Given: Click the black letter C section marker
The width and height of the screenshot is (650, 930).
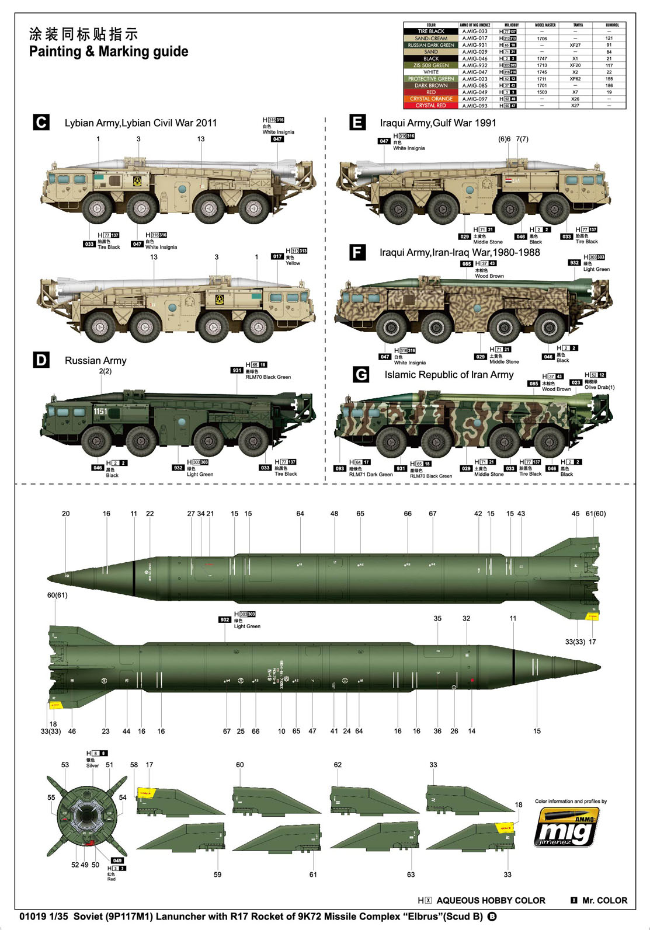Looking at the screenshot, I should coord(41,123).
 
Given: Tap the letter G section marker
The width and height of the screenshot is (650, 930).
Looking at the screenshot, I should coord(361,374).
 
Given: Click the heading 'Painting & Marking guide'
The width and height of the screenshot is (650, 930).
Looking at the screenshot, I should coord(109,52).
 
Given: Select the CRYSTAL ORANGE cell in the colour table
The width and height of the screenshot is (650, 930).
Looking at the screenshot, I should coord(431,99).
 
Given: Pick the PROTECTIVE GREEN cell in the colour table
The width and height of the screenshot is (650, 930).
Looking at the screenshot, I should coord(431,79).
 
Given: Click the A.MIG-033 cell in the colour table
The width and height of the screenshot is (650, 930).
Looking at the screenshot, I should coord(474,32).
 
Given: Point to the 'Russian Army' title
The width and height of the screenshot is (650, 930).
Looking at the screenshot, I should coord(95,361).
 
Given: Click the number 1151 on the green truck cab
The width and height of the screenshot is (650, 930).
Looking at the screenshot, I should coord(100,412).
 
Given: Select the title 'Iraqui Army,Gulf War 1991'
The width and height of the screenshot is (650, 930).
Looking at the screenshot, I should coord(438,123).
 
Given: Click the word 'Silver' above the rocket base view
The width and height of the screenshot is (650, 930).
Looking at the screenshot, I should coord(93,765).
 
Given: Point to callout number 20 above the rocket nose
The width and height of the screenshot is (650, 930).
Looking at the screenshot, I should coord(65,514).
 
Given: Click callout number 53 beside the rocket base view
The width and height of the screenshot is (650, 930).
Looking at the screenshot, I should coord(65,765).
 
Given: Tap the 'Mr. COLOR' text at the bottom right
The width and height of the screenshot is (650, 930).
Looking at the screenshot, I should coord(604,900).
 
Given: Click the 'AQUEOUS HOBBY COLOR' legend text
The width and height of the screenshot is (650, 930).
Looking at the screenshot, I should coord(491,900).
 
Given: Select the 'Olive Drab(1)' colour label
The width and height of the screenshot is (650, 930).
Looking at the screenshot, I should coord(599,387).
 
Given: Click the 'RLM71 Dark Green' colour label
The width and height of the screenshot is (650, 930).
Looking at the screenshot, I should coord(371,475).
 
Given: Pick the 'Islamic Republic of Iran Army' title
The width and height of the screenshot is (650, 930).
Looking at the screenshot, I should coord(449,375).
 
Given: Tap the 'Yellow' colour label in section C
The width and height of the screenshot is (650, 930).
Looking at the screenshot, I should coord(293,263).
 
